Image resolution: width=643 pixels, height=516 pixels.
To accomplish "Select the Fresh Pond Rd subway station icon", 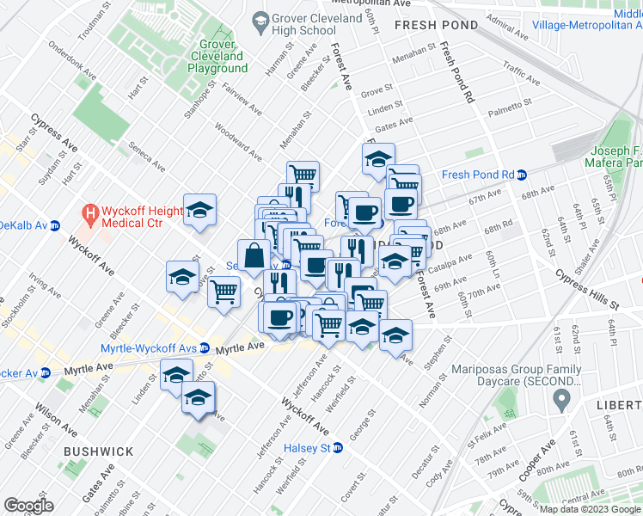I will tap(522, 175).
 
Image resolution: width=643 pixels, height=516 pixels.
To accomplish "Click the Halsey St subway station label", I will tap(313, 448).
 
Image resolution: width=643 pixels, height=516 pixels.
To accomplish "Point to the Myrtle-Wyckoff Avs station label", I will tap(149, 348).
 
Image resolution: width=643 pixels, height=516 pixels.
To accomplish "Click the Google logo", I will tap(29, 506).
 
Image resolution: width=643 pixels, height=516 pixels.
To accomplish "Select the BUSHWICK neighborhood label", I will tap(98, 451).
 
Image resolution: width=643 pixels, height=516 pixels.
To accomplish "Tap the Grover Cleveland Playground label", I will tap(211, 56).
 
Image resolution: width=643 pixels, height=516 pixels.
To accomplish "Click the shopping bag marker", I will tap(255, 255).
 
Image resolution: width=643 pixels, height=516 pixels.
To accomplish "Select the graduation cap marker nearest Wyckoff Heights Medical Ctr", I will tap(199, 210).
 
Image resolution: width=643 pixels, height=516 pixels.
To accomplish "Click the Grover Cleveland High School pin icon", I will tap(259, 19).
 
